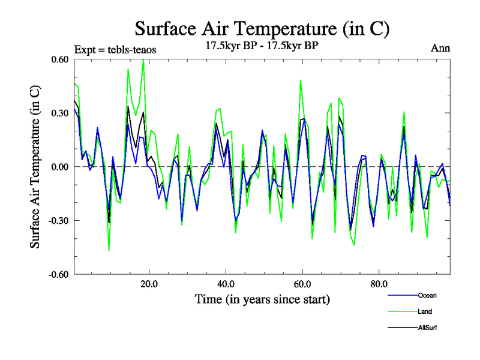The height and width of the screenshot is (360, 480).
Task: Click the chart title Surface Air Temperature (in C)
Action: point(262,28)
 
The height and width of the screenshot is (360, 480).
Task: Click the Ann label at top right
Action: point(440,49)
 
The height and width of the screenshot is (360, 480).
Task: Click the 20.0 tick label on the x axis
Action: point(148,284)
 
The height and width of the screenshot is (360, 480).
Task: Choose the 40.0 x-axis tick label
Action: point(225,284)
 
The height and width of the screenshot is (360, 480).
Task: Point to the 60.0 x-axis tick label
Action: point(302,284)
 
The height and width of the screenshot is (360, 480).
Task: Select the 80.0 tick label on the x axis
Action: point(379,284)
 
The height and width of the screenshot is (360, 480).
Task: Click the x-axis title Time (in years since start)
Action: point(262,299)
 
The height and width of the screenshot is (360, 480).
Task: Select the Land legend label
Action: point(424,311)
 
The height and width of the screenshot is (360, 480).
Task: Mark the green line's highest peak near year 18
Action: point(143,60)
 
